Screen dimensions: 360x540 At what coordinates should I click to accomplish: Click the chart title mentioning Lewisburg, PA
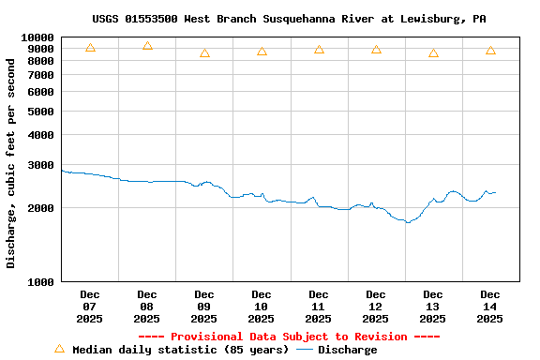pos(289,19)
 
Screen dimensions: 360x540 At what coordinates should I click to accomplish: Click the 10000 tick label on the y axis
pos(39,38)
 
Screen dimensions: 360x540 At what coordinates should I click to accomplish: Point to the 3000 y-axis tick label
pos(42,165)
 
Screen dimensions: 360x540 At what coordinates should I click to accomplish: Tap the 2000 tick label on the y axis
pos(42,208)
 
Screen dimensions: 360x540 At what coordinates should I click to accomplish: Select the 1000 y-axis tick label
pos(42,281)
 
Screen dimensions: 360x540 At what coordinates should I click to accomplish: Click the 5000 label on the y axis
pos(42,112)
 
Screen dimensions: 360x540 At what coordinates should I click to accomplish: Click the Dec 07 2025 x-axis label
pos(90,307)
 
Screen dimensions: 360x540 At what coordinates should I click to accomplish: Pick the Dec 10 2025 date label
pos(262,307)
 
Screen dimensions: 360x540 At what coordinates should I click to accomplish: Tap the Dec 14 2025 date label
pos(490,307)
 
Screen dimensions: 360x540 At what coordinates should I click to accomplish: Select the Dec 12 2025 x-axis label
pos(376,307)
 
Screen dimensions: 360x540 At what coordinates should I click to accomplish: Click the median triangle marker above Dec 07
pos(90,48)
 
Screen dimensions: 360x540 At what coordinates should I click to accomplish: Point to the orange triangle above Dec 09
pos(204,53)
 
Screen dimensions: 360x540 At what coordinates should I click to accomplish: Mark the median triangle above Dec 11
pos(319,50)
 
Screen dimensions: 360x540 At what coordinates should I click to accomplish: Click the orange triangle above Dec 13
pos(433,53)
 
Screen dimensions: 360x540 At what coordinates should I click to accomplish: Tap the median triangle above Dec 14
pos(490,51)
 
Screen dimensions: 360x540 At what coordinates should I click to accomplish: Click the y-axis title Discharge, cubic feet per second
pos(11,163)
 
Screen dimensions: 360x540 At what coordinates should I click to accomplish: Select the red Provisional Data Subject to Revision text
pos(289,337)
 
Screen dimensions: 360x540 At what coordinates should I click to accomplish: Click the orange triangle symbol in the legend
pos(59,349)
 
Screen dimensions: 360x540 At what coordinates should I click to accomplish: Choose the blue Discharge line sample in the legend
pos(305,350)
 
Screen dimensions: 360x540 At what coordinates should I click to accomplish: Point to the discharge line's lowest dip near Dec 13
pos(407,222)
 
